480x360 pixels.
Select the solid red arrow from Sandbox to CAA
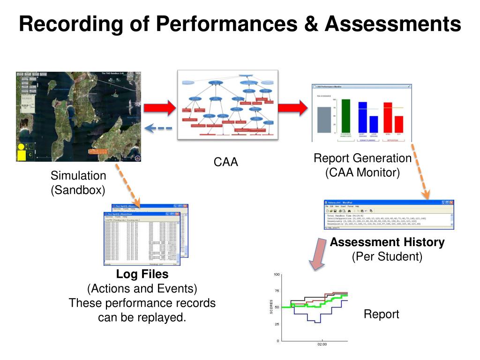[158, 109]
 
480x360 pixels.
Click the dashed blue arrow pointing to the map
[157, 128]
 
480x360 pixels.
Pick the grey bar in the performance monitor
[324, 120]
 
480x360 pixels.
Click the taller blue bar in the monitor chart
[362, 117]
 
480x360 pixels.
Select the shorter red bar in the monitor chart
[399, 124]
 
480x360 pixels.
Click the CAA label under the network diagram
[226, 162]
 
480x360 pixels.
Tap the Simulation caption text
[78, 176]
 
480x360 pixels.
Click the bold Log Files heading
[142, 274]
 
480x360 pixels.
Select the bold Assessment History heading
[387, 242]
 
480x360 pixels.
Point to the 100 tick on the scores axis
[277, 274]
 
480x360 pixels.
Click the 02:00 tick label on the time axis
[322, 345]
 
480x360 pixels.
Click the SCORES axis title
[271, 307]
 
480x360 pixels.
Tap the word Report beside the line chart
[381, 314]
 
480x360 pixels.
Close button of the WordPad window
[451, 202]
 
